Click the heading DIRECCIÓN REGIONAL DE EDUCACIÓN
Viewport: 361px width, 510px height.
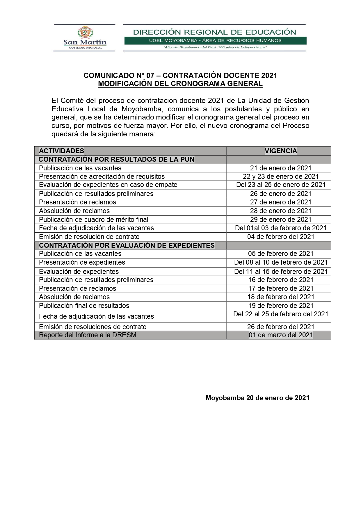(214, 32)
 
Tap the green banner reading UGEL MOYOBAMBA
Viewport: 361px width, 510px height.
(215, 40)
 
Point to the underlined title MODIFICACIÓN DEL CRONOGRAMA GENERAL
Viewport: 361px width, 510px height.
(180, 84)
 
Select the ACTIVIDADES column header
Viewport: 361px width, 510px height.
(61, 151)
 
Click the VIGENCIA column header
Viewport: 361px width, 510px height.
(281, 151)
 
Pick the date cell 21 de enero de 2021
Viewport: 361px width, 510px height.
(281, 168)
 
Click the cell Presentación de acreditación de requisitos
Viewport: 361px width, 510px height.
(102, 176)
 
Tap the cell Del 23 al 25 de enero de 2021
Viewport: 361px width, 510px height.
(281, 185)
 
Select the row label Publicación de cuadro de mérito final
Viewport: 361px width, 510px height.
(94, 220)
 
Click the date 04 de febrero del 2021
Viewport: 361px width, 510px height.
(281, 237)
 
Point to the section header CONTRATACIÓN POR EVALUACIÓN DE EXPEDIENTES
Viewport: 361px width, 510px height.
(127, 245)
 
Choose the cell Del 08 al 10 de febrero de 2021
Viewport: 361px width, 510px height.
(281, 262)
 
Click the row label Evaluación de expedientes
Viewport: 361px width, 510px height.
(79, 272)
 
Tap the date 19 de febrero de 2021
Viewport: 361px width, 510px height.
(281, 306)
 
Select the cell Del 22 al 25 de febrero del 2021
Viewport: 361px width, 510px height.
(281, 314)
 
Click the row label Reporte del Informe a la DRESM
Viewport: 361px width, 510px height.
(88, 335)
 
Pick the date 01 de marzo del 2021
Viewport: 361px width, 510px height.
(281, 335)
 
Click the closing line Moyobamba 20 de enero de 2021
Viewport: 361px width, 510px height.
(257, 398)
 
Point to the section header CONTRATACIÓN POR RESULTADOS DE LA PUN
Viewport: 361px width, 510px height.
(116, 159)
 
